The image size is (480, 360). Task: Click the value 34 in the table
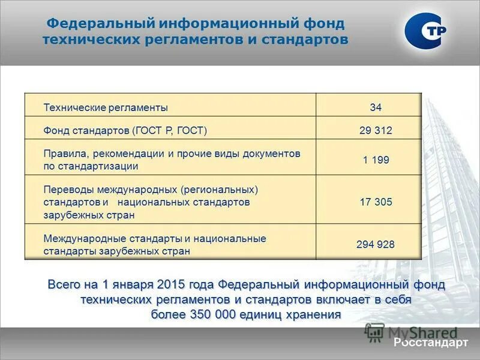tap(376, 107)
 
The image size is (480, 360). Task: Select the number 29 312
tap(376, 130)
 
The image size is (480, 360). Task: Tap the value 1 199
tap(376, 160)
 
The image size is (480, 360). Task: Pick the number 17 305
tap(376, 202)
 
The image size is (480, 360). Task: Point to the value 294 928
tap(376, 244)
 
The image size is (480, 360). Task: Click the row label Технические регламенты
tap(106, 107)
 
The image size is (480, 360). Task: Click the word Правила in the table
tap(62, 154)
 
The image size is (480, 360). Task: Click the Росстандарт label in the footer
tap(430, 343)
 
